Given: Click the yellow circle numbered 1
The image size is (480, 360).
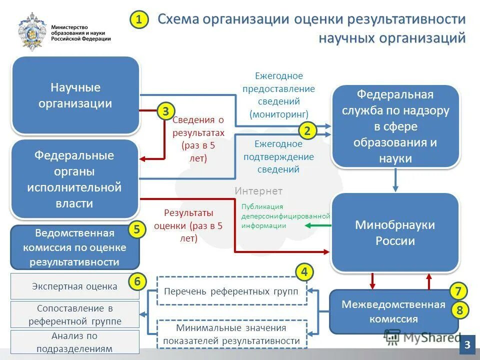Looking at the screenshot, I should pos(139,20).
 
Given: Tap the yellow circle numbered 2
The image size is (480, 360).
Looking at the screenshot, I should pos(307,131).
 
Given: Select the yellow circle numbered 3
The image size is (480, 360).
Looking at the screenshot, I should pos(165,111).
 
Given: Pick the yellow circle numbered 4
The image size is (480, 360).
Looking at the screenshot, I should pos(304,272).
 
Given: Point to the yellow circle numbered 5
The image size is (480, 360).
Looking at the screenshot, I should pos(137,229).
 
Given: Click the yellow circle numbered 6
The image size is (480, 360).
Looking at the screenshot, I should pos(137,282).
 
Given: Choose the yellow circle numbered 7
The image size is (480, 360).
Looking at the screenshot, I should pos(458,291).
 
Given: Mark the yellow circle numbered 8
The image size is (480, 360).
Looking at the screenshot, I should pos(458,310).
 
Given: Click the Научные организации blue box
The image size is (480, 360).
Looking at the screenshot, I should pos(75,95).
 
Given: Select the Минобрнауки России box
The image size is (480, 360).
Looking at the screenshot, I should pos(395,232).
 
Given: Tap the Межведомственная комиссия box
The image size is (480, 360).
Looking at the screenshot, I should pos(393,311).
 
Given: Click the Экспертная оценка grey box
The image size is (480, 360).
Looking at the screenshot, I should pos(74,286).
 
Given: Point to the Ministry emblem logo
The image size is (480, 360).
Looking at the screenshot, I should pos(32,31).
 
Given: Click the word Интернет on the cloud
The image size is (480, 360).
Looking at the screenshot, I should pos(258,191).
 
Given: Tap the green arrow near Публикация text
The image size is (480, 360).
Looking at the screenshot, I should pos(317,225).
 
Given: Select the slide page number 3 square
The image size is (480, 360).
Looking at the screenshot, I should pos(467,344).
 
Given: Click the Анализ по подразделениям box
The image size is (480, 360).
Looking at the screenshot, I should pos(74,342).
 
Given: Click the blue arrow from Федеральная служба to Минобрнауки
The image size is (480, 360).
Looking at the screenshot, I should pos(395,180).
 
